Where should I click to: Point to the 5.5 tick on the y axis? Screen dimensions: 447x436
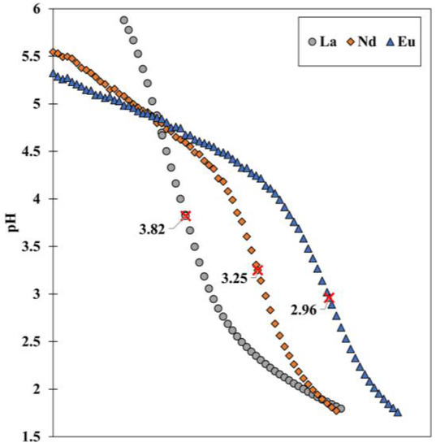coord(30,57)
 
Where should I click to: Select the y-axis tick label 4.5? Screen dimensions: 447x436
coord(30,152)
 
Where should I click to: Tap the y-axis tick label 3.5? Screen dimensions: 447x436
coord(30,247)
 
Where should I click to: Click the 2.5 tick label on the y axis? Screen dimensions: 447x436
coord(30,342)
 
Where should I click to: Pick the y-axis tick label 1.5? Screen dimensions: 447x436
coord(30,437)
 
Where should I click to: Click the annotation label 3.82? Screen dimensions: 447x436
coord(152,229)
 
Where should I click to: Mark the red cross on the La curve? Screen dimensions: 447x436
coord(186,215)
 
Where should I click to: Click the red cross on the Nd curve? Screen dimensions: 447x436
coord(257,269)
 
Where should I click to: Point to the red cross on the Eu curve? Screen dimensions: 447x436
coord(329,297)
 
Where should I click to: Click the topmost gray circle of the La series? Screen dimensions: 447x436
coord(124,20)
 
